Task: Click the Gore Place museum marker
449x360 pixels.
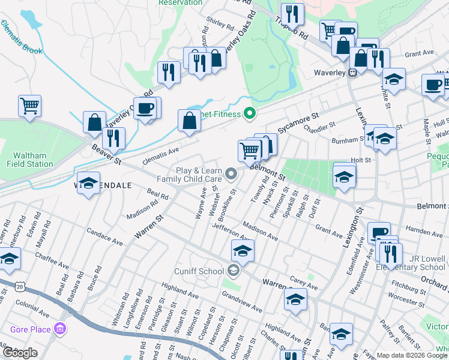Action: (x=59, y=329)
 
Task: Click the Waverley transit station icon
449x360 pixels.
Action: (x=353, y=73)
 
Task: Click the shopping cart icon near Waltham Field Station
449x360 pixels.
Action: (x=29, y=107)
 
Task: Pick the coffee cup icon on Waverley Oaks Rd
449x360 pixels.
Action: (x=145, y=109)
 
